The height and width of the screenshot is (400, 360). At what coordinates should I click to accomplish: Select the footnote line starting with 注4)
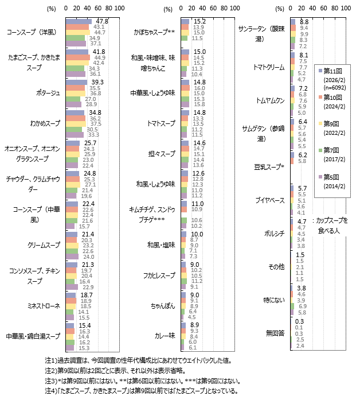tap(141, 391)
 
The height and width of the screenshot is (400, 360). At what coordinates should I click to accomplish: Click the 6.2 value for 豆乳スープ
tap(303, 156)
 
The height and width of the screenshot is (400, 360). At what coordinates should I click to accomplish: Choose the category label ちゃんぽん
tap(163, 306)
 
